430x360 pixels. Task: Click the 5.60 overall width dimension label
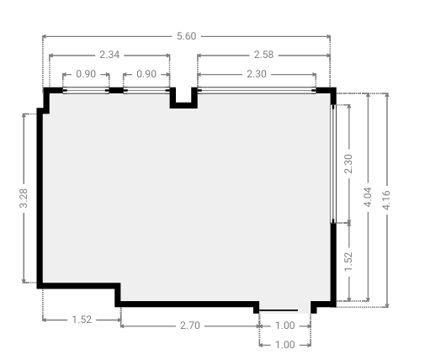[x=186, y=36]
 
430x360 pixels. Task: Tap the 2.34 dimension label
[x=109, y=55]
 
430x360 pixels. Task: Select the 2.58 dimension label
[x=263, y=55]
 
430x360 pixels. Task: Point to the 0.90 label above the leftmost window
[x=86, y=74]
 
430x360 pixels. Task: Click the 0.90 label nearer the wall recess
[x=146, y=74]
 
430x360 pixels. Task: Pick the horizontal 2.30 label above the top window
[x=257, y=74]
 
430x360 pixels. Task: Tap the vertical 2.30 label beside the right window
[x=348, y=164]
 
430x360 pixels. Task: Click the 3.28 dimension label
[x=24, y=199]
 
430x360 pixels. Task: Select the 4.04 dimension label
[x=368, y=197]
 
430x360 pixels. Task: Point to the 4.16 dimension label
[x=386, y=200]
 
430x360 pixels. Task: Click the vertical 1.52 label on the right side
[x=348, y=262]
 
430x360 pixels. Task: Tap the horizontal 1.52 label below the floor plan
[x=82, y=320]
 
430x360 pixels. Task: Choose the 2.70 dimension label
[x=190, y=326]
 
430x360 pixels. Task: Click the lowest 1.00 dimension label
[x=285, y=345]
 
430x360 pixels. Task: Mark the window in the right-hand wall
[x=333, y=164]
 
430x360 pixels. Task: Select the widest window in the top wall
[x=257, y=90]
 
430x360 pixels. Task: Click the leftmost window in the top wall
[x=86, y=90]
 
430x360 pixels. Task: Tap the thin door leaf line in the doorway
[x=279, y=310]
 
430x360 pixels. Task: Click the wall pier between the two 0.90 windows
[x=116, y=90]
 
